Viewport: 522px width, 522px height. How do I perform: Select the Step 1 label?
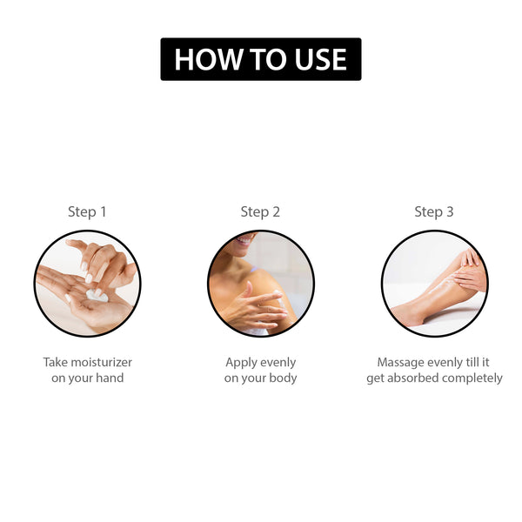coord(87,212)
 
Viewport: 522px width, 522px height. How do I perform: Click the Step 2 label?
coord(260,212)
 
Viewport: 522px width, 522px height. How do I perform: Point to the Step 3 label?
coord(434,212)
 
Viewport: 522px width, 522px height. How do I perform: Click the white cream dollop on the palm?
coord(97,295)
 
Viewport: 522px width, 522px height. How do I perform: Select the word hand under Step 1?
coord(110,378)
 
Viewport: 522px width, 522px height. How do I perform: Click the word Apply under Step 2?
coord(240,363)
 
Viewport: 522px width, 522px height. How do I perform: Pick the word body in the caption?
coord(283,378)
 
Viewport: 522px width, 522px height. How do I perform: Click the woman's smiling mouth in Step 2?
coord(244,239)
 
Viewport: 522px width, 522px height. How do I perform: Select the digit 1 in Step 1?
coord(103,211)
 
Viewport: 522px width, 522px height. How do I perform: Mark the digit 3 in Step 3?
coord(450,211)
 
